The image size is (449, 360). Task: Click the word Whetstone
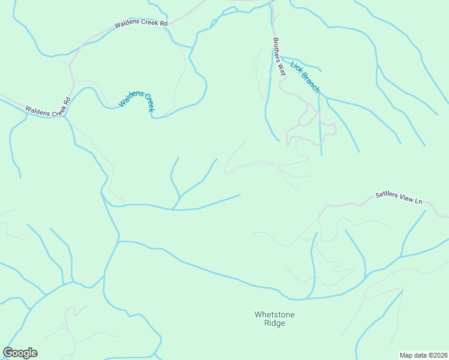tap(274, 314)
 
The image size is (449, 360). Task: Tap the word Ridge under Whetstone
tap(274, 323)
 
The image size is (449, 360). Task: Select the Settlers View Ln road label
tap(399, 198)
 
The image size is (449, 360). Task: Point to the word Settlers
tap(387, 195)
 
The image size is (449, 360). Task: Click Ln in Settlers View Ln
tap(418, 201)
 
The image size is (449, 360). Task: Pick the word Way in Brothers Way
tap(281, 68)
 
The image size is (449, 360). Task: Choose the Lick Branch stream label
tap(305, 77)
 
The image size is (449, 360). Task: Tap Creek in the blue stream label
tap(148, 104)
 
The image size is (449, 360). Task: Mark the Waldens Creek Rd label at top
tap(141, 24)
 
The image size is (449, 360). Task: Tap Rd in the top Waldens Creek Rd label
tap(163, 23)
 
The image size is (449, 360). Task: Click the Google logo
tap(20, 353)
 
